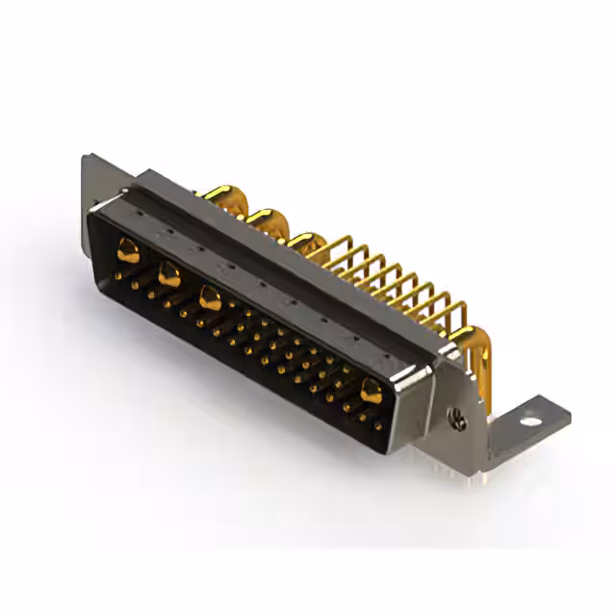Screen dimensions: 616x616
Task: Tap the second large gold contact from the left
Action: click(168, 274)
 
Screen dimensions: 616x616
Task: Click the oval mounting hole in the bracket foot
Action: click(526, 420)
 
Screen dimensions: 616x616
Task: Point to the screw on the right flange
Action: click(458, 420)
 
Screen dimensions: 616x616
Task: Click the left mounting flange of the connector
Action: click(92, 192)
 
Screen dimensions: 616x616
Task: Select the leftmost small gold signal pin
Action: click(118, 277)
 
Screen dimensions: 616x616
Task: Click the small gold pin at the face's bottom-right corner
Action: click(378, 423)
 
